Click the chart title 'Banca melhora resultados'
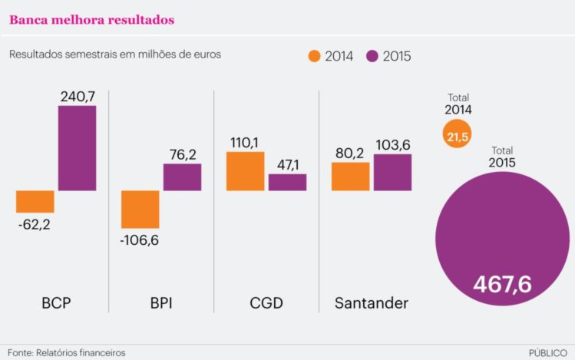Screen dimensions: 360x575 click(91, 19)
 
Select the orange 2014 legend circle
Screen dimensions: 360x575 click(314, 56)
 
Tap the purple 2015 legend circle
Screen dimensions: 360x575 click(373, 56)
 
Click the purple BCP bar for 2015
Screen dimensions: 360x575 click(78, 148)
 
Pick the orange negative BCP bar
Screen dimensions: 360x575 click(35, 201)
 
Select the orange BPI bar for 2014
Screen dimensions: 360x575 click(140, 209)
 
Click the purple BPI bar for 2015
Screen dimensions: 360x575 click(182, 177)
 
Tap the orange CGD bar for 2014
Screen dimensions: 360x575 click(246, 171)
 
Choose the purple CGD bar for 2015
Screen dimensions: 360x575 click(287, 182)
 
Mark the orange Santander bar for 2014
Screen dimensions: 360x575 click(351, 176)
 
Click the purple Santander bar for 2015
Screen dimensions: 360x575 click(392, 172)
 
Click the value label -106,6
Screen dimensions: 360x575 click(140, 239)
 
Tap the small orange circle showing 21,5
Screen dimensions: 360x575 click(458, 135)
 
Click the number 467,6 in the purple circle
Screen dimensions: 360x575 click(502, 284)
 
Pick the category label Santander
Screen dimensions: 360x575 click(372, 303)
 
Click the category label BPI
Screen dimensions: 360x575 click(160, 303)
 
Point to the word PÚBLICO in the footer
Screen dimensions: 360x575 click(548, 352)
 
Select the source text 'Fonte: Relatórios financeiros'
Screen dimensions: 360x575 click(66, 352)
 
